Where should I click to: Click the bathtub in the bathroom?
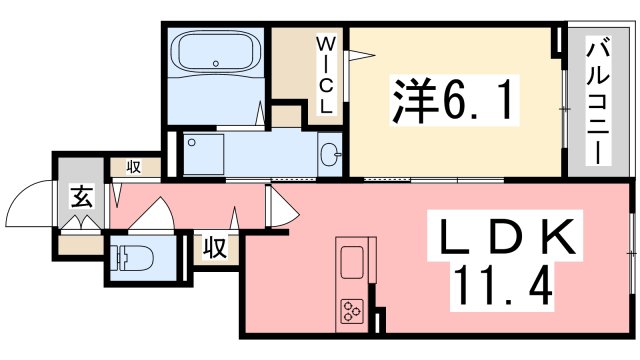tap(216, 52)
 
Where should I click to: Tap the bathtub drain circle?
tap(216, 64)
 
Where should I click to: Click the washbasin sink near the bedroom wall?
tap(330, 154)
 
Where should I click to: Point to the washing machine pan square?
tap(203, 154)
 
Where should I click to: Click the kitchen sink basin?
tap(351, 262)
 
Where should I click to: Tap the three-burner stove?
tap(352, 311)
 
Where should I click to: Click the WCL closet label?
tap(326, 75)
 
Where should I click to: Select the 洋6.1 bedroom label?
tap(454, 100)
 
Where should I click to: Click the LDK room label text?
tap(505, 237)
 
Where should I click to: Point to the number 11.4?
tap(502, 286)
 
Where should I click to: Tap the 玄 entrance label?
tap(82, 197)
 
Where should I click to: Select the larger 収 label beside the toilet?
tap(216, 247)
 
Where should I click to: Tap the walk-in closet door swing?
tap(360, 56)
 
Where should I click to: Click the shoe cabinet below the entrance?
tap(80, 246)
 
